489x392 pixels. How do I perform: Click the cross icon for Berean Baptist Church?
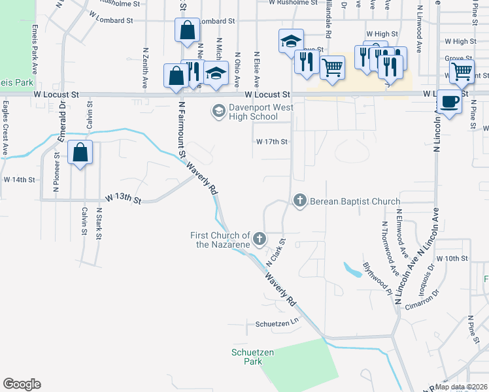click(x=300, y=200)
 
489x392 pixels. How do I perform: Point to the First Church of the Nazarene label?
click(x=220, y=240)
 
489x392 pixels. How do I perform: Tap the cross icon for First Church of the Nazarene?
click(x=260, y=238)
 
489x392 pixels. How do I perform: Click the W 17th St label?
click(x=271, y=141)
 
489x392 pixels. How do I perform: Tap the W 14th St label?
click(x=18, y=179)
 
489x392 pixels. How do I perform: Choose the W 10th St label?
click(x=452, y=259)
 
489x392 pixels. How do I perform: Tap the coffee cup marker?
click(x=449, y=102)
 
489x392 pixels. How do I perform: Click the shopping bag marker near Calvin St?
click(x=80, y=154)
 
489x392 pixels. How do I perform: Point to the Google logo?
click(x=22, y=384)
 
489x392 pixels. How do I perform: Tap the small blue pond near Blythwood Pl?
click(x=353, y=270)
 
